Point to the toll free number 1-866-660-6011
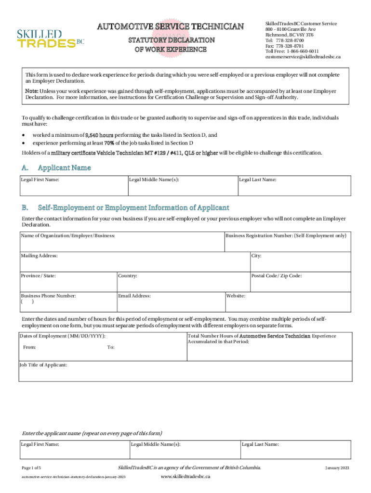click(303, 51)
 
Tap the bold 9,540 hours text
click(99, 135)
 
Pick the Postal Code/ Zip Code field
click(300, 284)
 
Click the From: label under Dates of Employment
click(29, 347)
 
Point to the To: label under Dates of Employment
click(111, 347)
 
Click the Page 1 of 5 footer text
click(31, 468)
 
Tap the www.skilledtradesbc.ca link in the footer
click(185, 477)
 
